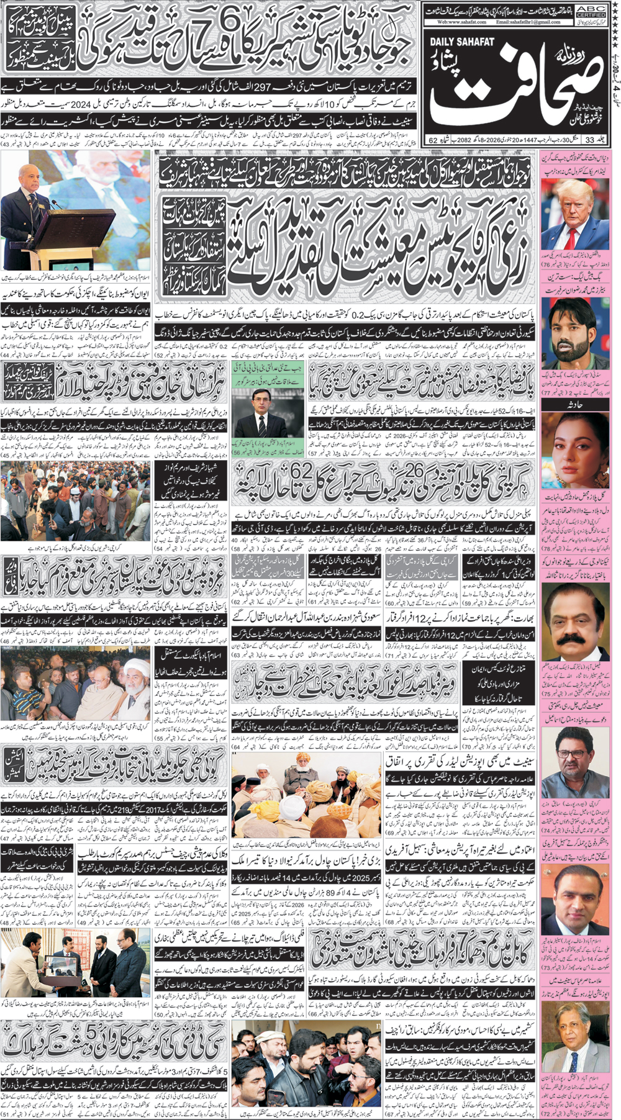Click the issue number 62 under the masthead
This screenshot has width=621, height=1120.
[433, 140]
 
